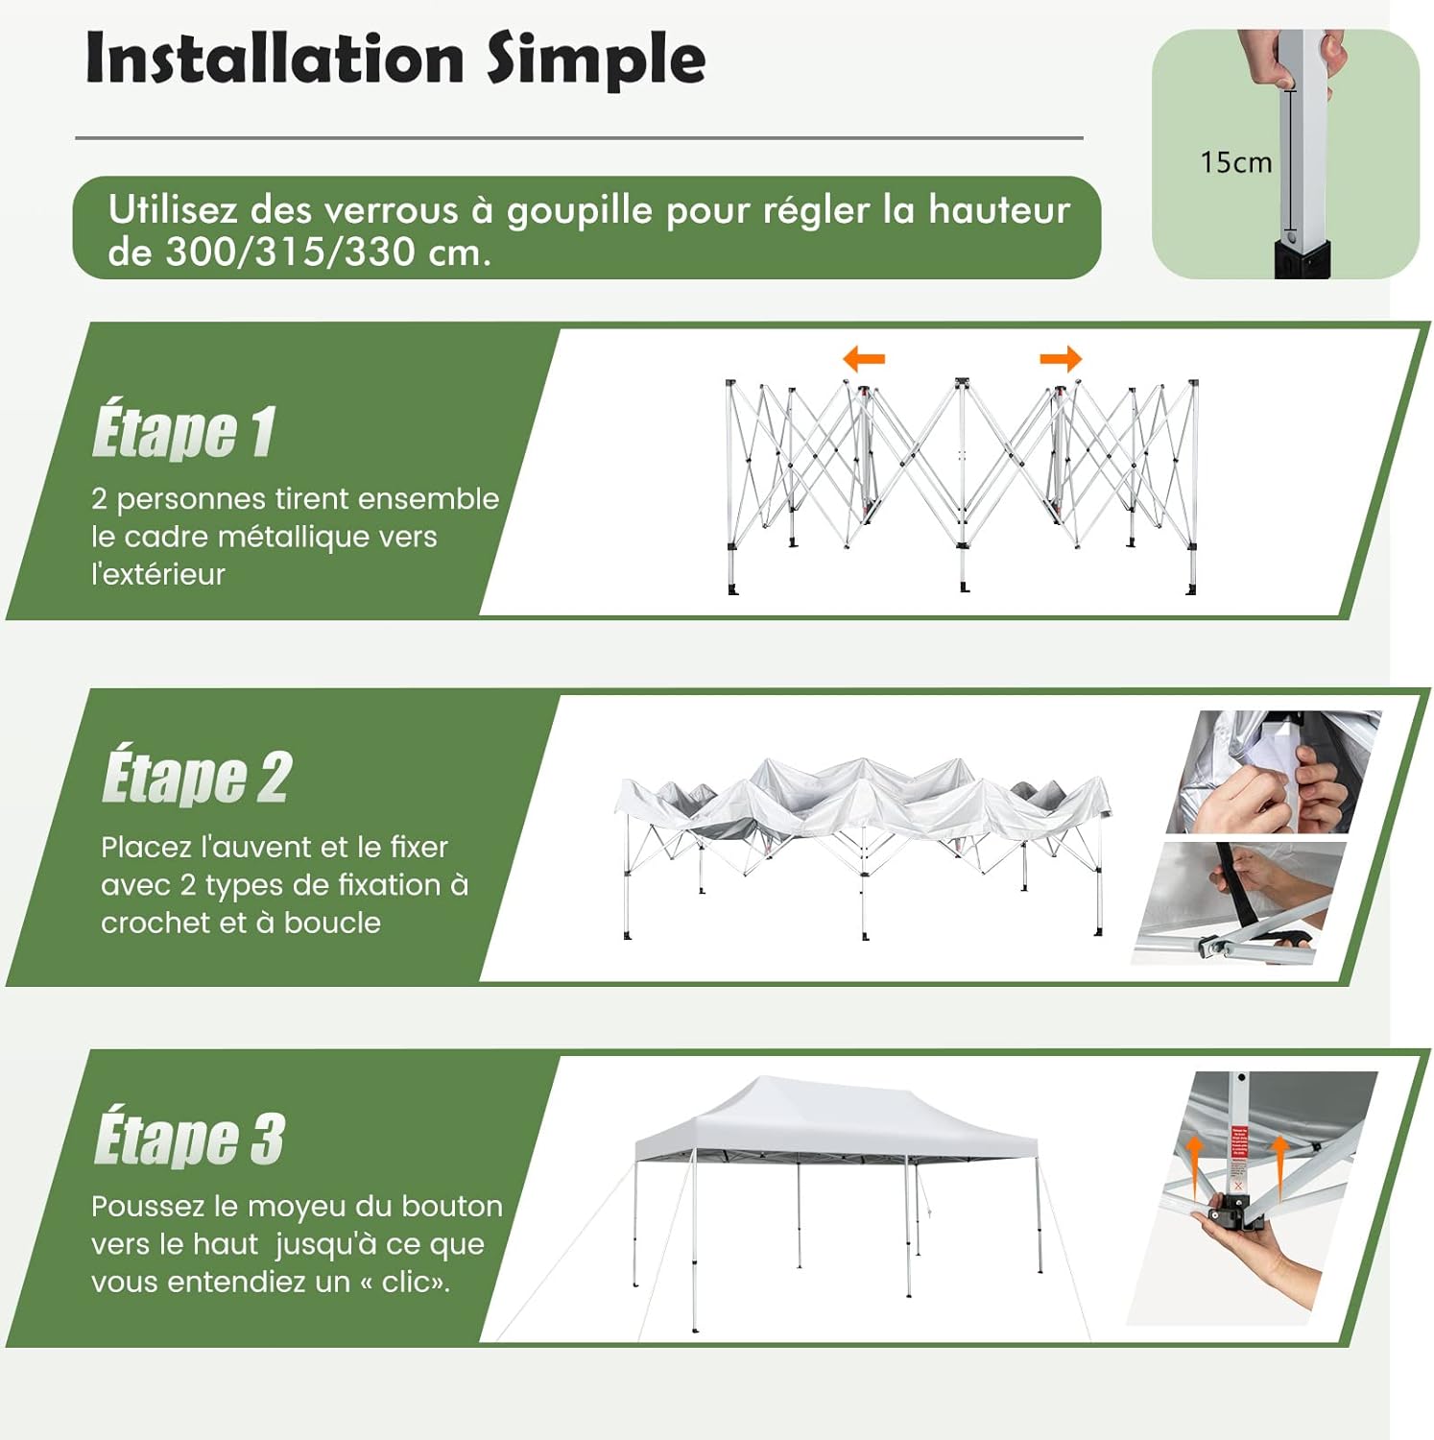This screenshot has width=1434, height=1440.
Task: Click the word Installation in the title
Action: [x=275, y=59]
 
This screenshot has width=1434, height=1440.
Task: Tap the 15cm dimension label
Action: [x=1235, y=162]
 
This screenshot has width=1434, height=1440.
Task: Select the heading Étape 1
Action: [x=183, y=431]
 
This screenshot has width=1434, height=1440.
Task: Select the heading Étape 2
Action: [x=197, y=777]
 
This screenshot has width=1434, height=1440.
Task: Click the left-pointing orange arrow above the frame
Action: [x=864, y=360]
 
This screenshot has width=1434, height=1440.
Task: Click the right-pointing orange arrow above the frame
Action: [x=1061, y=360]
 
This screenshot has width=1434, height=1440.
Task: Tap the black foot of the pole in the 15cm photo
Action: [x=1302, y=259]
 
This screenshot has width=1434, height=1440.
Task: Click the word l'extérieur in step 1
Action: [x=158, y=574]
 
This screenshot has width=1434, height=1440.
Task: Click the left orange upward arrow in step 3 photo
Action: [x=1193, y=1167]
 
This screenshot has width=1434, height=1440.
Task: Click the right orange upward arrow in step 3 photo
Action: [x=1279, y=1167]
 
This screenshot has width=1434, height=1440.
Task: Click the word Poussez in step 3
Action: [x=149, y=1207]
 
